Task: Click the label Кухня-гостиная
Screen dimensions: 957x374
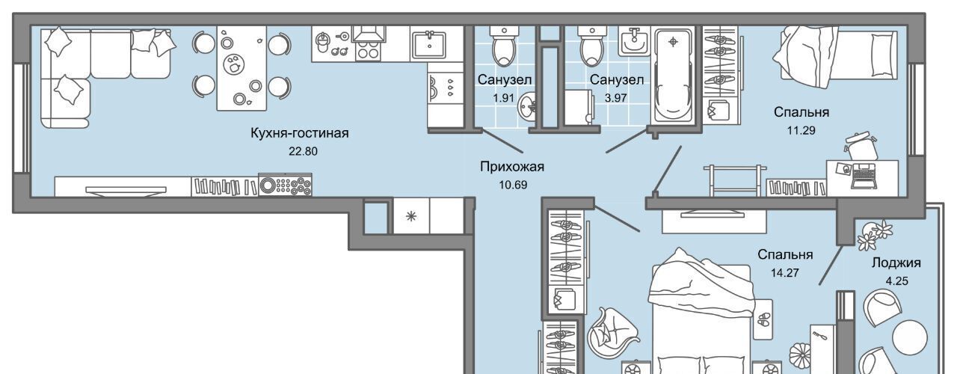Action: pos(300,133)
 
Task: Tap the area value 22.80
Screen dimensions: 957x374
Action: pos(303,151)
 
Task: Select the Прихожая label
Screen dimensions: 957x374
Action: pos(512,166)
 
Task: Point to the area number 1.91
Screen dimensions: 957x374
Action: pos(503,98)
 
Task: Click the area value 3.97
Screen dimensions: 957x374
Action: pos(615,98)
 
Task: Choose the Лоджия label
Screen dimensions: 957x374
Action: pos(896,263)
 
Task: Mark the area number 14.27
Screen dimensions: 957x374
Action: pos(785,273)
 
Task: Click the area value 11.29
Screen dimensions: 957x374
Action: pos(801,130)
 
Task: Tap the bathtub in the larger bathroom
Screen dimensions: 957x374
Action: pos(672,76)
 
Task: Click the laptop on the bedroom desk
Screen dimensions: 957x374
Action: pos(864,176)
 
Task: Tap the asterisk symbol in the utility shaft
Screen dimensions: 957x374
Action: pos(411,216)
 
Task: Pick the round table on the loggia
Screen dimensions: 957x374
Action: pos(910,337)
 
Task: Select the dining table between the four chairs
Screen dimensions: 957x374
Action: pos(241,68)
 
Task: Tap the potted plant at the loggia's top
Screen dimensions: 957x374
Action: pos(874,235)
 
